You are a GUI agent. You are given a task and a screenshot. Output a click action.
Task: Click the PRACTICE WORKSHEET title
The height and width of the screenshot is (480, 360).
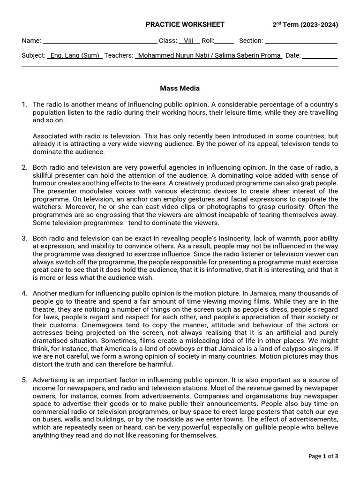[x=185, y=24]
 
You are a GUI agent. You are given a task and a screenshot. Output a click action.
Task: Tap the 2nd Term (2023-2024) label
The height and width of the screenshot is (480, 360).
[x=305, y=25]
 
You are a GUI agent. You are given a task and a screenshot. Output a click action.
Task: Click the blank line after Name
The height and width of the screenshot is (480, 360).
[x=100, y=41]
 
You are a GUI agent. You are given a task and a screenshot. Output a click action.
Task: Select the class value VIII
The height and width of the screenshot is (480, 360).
[x=189, y=41]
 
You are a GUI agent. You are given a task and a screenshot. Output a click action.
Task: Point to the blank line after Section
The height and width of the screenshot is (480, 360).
[x=301, y=41]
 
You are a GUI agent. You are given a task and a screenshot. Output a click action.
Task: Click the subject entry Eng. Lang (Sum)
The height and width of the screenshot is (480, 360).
[x=75, y=55]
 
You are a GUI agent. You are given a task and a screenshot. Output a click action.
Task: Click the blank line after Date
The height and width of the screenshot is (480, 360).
[x=320, y=55]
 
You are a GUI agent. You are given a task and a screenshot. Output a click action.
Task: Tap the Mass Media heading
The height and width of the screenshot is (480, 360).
[x=180, y=88]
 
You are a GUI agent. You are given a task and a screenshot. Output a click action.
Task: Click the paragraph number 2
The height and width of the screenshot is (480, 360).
[x=24, y=167]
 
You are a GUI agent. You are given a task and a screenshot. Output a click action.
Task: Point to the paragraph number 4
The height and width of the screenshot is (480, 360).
[x=24, y=293]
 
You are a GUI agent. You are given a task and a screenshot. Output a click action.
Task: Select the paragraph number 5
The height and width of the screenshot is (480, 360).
[x=24, y=380]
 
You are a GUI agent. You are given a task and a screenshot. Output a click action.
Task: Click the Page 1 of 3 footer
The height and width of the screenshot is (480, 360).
[x=323, y=456]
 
